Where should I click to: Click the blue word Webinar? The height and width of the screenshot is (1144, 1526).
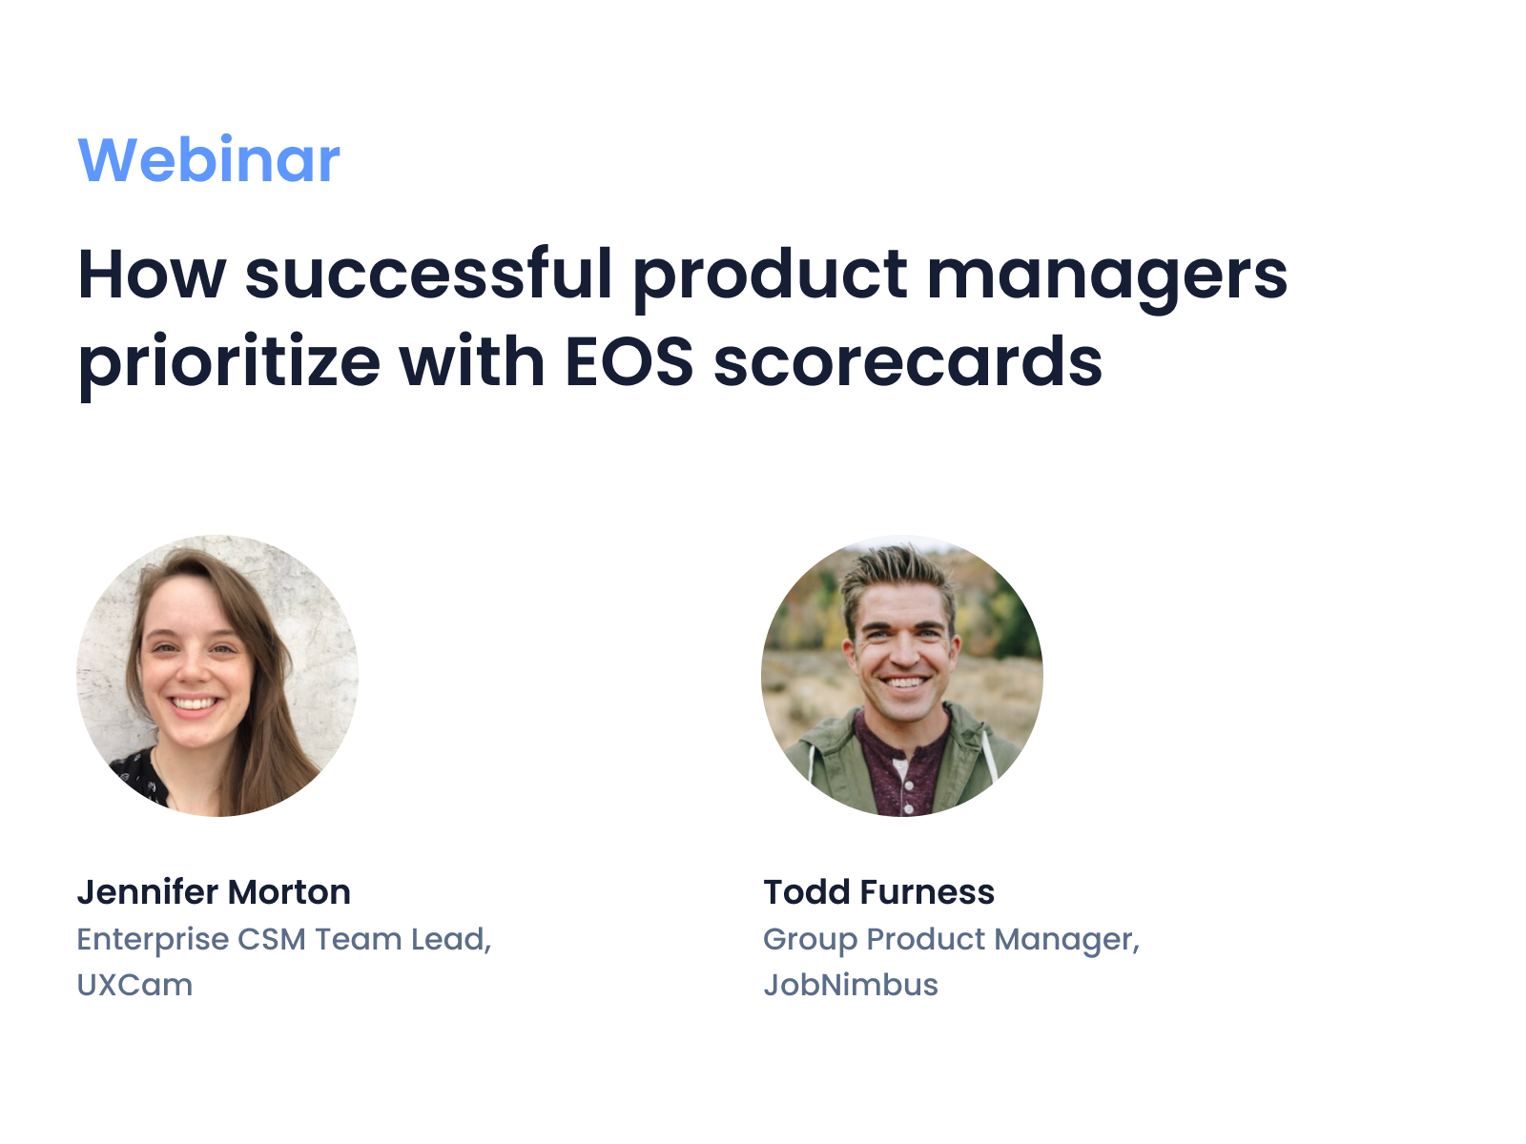tap(208, 160)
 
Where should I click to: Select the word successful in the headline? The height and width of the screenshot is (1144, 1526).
tap(428, 276)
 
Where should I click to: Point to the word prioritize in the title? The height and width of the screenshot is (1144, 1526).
tap(229, 363)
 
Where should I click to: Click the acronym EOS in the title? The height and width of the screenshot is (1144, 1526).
tap(629, 363)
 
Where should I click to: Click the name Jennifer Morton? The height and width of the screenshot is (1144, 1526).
tap(214, 892)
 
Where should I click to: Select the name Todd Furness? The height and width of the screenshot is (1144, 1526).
tap(878, 892)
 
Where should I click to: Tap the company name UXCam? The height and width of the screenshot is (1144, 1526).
tap(134, 985)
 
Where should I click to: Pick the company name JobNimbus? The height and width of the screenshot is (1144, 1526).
tap(850, 985)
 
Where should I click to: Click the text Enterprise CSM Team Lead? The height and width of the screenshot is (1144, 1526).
tap(283, 939)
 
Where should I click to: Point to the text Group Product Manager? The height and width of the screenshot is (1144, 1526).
tap(950, 939)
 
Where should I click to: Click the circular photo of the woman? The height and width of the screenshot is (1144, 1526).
tap(217, 675)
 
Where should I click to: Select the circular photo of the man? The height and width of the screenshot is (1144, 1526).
tap(901, 675)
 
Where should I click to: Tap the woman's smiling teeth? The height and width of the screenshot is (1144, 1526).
tap(195, 704)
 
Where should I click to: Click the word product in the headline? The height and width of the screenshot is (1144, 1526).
tap(770, 276)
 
